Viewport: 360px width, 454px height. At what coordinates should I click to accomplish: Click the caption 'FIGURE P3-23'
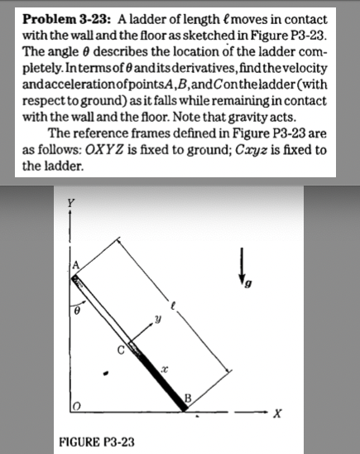(x=98, y=442)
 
